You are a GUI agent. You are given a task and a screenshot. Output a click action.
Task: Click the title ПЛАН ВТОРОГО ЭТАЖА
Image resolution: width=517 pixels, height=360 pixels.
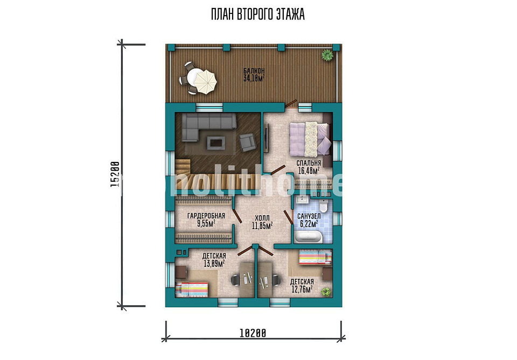[x=257, y=14]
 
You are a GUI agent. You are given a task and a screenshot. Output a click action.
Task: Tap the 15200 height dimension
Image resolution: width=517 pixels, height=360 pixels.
[x=115, y=174]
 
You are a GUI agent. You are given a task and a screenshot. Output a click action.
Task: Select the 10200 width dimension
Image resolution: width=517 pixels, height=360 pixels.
[x=253, y=333]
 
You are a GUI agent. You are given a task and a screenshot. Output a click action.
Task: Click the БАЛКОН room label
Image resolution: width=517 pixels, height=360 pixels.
[x=254, y=71]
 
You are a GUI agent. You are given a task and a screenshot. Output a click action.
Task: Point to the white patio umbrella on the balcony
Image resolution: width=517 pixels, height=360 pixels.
[x=205, y=82]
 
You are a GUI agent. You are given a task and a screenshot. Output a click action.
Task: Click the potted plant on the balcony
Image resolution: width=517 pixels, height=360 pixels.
[x=327, y=55]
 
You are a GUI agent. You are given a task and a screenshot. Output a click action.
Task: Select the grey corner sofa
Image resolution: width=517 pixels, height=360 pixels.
[x=208, y=126]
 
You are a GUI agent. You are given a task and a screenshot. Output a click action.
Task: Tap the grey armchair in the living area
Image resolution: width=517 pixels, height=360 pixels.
[x=247, y=143]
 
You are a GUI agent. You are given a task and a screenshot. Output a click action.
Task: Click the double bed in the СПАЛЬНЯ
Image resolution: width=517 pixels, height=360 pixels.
[x=310, y=139]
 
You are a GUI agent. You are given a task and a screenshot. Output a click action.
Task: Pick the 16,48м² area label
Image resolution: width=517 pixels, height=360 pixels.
[x=309, y=171]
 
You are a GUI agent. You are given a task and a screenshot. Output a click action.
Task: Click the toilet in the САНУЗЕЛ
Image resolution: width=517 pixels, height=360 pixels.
[x=324, y=206]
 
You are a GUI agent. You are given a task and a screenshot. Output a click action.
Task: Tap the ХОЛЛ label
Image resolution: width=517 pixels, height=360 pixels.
[x=262, y=218]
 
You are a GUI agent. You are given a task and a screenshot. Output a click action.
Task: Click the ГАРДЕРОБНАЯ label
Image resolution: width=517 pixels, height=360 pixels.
[x=206, y=216]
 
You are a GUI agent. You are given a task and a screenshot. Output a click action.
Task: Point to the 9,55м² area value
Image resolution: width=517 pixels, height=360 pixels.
[x=206, y=224]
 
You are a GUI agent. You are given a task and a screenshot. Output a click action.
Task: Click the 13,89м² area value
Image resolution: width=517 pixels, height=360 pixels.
[x=214, y=263]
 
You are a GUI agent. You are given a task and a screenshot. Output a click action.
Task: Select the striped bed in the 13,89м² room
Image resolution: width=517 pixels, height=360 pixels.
[x=192, y=290]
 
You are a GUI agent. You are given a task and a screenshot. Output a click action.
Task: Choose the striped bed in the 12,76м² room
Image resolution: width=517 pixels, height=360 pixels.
[x=315, y=257]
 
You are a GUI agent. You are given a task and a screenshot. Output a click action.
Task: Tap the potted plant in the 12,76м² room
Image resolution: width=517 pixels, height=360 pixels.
[x=326, y=292]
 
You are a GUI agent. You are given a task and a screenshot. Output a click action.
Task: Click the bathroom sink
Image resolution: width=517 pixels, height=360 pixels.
[x=302, y=200]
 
